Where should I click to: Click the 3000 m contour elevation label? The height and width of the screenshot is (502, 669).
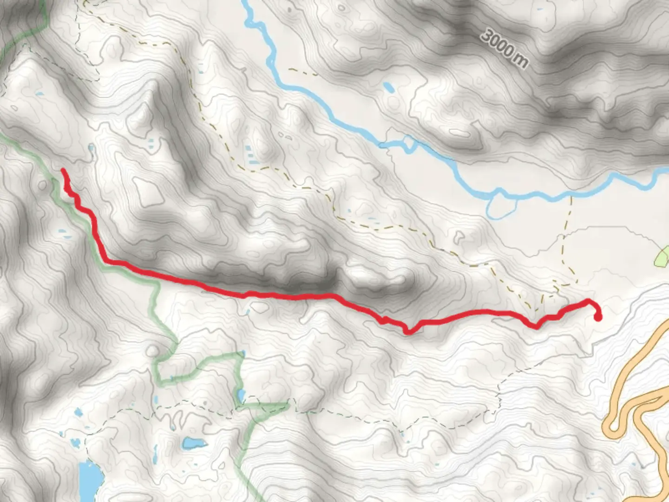click(x=505, y=48)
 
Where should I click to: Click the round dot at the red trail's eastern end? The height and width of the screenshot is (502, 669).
click(x=598, y=317)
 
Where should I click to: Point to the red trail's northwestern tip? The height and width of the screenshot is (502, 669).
click(x=63, y=171)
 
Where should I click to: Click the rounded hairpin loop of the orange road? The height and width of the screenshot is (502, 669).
click(x=614, y=425)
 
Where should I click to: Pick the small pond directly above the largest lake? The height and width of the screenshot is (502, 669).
click(x=78, y=412)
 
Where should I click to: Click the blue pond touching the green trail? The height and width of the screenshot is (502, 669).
click(x=241, y=396)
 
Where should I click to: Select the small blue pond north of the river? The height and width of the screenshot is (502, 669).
click(x=388, y=87)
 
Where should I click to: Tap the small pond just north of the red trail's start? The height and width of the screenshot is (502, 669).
click(x=91, y=149)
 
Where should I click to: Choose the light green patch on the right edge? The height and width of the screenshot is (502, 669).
click(x=662, y=257)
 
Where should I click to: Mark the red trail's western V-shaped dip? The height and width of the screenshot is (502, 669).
click(x=408, y=331)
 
